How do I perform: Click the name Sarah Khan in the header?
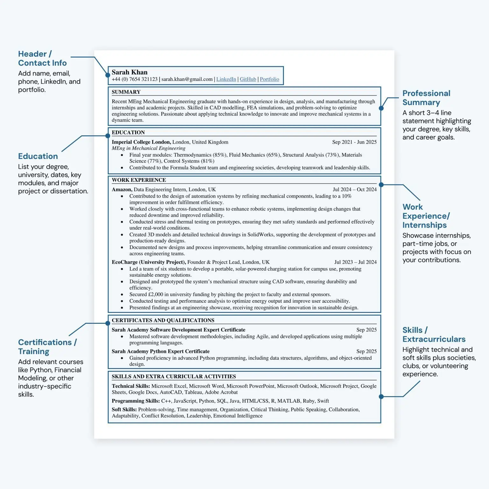[x=129, y=72]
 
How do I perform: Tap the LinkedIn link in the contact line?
[x=226, y=79]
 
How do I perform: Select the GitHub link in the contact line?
[x=248, y=79]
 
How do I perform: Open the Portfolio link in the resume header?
[x=269, y=79]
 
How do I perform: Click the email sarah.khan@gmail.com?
[x=187, y=79]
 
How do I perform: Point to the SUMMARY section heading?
[x=126, y=92]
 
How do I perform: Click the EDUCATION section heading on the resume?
[x=128, y=132]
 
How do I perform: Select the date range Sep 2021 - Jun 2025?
[x=354, y=142]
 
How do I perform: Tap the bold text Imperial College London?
[x=141, y=142]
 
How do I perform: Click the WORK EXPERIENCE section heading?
[x=139, y=180]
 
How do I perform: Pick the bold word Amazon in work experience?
[x=122, y=189]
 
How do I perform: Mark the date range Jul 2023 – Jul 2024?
[x=355, y=262]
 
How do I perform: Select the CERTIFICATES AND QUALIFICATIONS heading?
[x=163, y=320]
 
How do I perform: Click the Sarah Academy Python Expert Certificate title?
[x=160, y=351]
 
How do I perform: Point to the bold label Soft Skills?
[x=124, y=409]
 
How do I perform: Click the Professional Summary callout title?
[x=426, y=98]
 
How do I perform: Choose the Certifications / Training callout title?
[x=47, y=347]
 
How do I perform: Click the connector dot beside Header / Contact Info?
[x=108, y=75]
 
